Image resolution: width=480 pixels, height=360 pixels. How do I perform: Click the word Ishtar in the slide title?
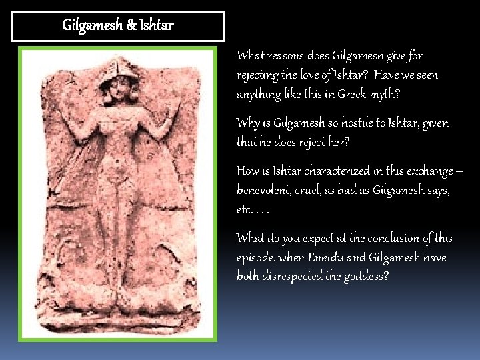pyautogui.click(x=157, y=26)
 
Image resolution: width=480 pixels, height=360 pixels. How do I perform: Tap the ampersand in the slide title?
pyautogui.click(x=130, y=26)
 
